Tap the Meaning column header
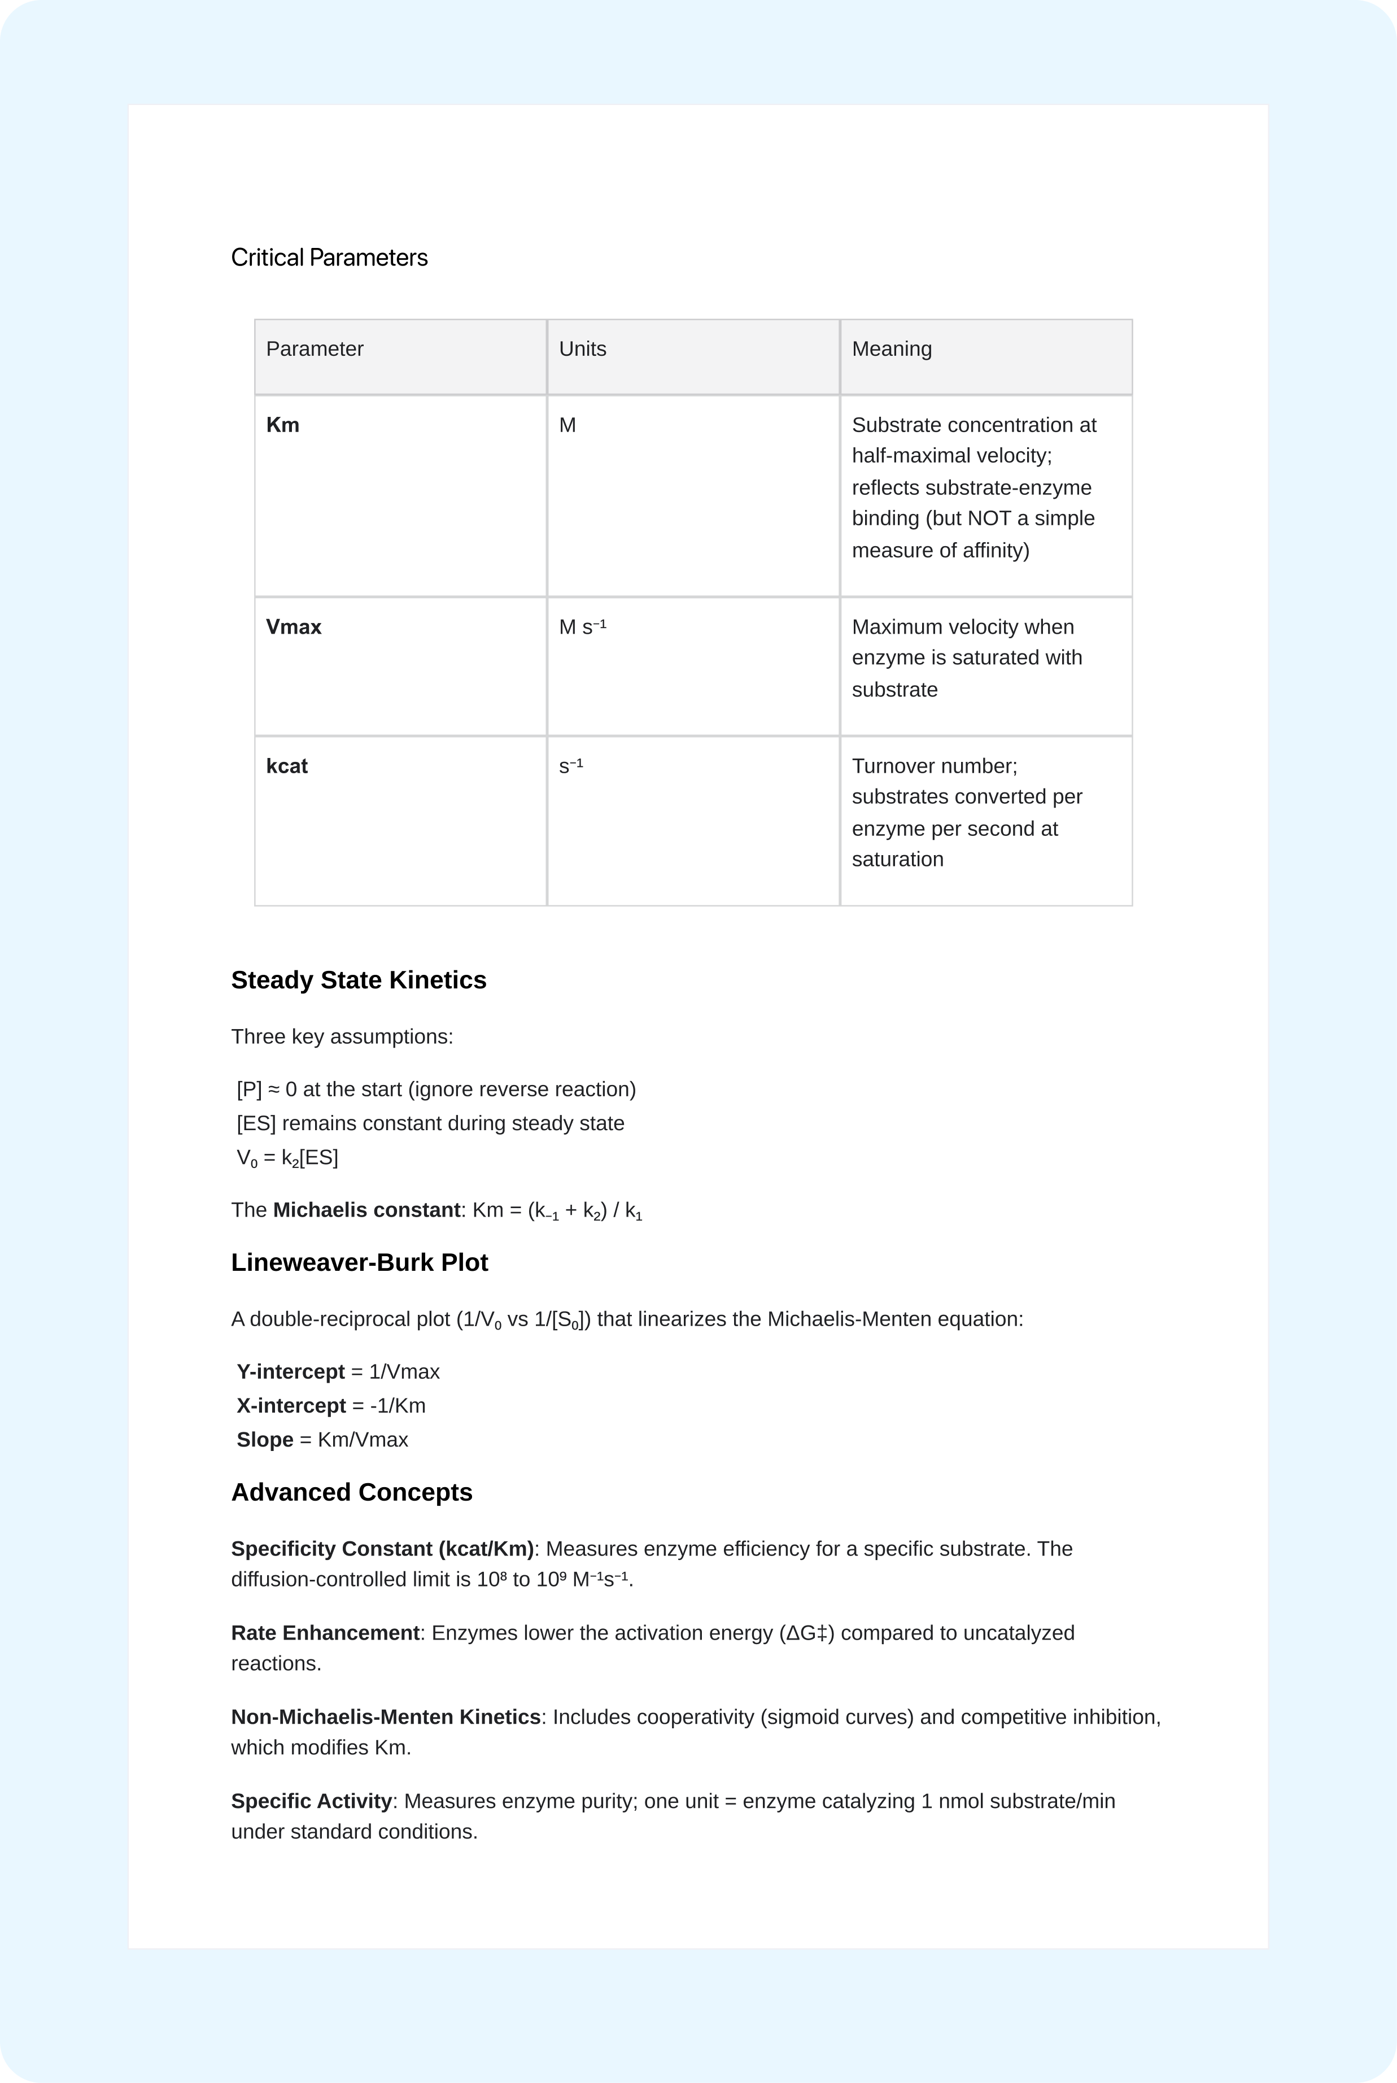[x=891, y=348]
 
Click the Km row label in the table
[x=282, y=425]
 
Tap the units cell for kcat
[x=570, y=766]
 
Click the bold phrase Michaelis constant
[x=366, y=1210]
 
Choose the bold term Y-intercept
[x=290, y=1371]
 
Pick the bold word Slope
[x=265, y=1440]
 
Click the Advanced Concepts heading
[x=351, y=1492]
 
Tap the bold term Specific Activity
[x=311, y=1802]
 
